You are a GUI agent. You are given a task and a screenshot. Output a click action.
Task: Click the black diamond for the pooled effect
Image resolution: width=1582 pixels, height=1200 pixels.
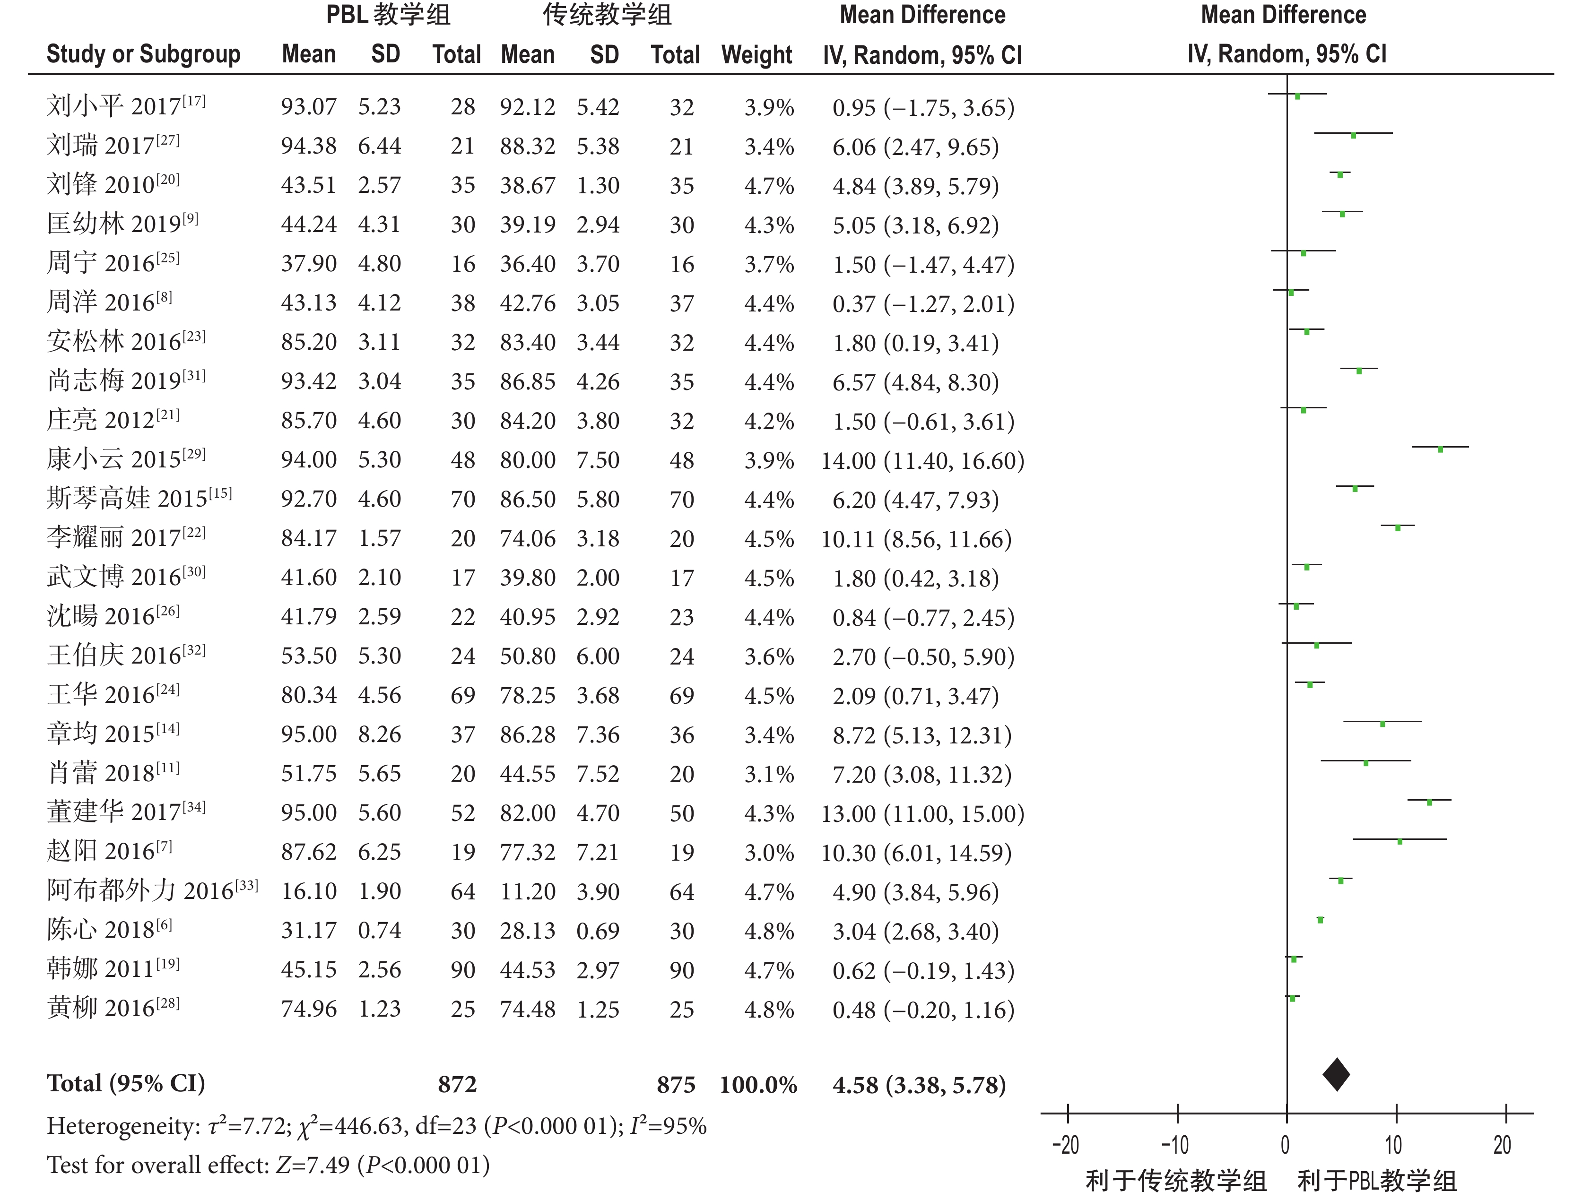pyautogui.click(x=1336, y=1074)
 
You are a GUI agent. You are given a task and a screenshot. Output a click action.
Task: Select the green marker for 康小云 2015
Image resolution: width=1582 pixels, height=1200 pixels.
pyautogui.click(x=1440, y=449)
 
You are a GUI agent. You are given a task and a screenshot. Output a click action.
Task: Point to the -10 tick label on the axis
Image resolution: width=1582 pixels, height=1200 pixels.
pyautogui.click(x=1174, y=1146)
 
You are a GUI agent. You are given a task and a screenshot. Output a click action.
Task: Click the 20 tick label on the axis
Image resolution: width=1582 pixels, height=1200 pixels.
pyautogui.click(x=1503, y=1146)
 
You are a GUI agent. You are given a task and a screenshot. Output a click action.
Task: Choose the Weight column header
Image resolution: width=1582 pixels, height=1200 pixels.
pyautogui.click(x=756, y=54)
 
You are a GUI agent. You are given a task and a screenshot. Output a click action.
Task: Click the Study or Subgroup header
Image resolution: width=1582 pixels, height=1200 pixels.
pyautogui.click(x=143, y=54)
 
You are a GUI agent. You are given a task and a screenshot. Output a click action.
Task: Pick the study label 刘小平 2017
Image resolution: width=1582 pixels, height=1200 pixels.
pyautogui.click(x=126, y=106)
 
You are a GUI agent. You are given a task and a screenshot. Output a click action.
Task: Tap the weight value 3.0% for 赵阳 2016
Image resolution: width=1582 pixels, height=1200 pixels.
pyautogui.click(x=769, y=853)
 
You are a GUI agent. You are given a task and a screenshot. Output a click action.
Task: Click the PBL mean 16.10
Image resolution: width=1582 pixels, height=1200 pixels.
pyautogui.click(x=308, y=891)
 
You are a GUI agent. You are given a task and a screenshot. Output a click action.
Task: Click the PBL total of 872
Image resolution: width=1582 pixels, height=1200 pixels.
pyautogui.click(x=457, y=1085)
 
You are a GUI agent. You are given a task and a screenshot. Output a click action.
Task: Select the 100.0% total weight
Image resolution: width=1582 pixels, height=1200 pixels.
pyautogui.click(x=758, y=1085)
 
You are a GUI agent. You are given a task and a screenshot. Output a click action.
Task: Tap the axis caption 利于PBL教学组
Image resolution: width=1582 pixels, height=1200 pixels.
pyautogui.click(x=1377, y=1181)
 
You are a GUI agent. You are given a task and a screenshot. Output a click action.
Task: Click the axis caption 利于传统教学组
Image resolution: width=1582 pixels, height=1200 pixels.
pyautogui.click(x=1176, y=1181)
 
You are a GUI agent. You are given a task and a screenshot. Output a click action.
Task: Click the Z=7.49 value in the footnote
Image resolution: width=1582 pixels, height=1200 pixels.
pyautogui.click(x=313, y=1165)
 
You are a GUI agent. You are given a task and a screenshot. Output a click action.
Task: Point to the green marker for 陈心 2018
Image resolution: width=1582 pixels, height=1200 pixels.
pyautogui.click(x=1320, y=920)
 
